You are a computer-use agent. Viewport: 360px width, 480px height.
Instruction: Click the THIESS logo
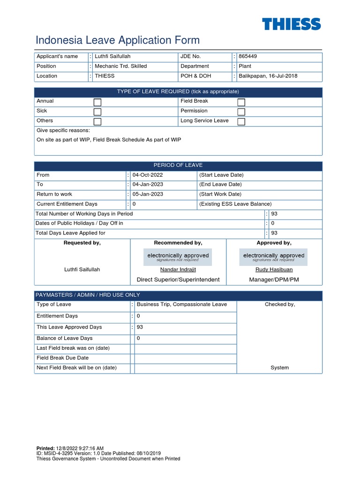tap(291, 24)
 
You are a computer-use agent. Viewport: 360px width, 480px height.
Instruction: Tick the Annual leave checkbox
tap(97, 102)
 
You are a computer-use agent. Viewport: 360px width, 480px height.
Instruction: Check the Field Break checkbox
tap(241, 102)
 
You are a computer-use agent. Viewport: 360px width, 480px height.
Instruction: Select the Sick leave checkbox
tap(97, 112)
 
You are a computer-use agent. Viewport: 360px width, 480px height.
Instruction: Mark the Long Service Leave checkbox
tap(241, 122)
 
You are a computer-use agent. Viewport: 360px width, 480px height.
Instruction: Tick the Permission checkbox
tap(241, 112)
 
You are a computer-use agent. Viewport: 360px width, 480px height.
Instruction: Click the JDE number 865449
tap(248, 56)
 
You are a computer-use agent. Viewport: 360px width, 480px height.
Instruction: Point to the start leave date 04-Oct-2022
tap(148, 175)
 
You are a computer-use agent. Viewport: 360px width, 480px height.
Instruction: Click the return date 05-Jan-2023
tap(148, 194)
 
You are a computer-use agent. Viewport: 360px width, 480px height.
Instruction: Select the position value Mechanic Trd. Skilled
tap(120, 66)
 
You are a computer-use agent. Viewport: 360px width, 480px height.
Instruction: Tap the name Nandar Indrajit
tap(178, 270)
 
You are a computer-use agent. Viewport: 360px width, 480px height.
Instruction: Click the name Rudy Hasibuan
tap(274, 270)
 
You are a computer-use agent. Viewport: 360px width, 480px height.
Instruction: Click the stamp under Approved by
tap(274, 257)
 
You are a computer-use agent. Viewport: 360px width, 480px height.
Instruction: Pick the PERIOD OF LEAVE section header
tap(178, 165)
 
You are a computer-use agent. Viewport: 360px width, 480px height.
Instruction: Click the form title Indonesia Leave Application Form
tap(118, 40)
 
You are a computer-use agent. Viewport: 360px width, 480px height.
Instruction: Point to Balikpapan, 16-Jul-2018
tap(268, 76)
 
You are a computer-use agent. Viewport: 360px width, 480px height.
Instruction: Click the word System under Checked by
tap(279, 367)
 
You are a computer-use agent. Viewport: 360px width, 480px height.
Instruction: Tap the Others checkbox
tap(97, 122)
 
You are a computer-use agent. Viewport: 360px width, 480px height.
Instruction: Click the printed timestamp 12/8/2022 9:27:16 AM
tap(80, 449)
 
